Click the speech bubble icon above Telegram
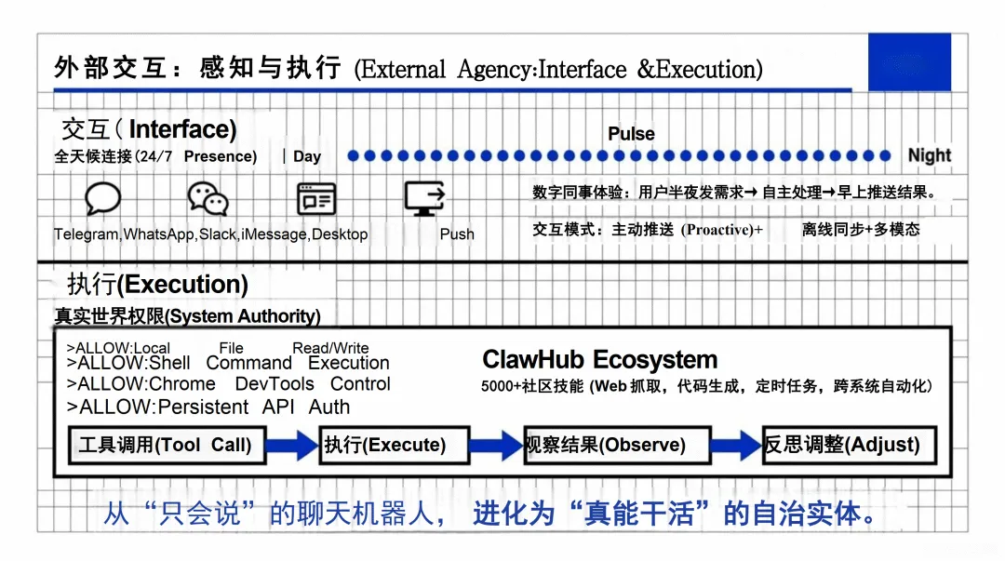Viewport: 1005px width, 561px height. tap(102, 198)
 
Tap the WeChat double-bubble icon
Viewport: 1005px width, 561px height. tap(208, 198)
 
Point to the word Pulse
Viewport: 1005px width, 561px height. tap(631, 134)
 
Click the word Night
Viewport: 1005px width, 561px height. tap(930, 155)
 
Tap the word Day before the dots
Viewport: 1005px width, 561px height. tap(307, 156)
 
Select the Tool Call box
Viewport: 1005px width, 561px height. tap(166, 445)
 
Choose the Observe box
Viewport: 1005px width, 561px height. tap(616, 445)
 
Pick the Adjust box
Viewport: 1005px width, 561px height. tap(848, 445)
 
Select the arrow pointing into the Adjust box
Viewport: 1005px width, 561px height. tap(735, 445)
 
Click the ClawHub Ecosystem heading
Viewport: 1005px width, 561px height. tap(599, 360)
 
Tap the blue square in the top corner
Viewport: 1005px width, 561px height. tap(909, 61)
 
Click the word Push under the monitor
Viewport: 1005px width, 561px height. tap(457, 234)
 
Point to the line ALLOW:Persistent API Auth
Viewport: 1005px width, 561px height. tap(209, 407)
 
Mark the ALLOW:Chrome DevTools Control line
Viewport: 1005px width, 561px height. tap(229, 384)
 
